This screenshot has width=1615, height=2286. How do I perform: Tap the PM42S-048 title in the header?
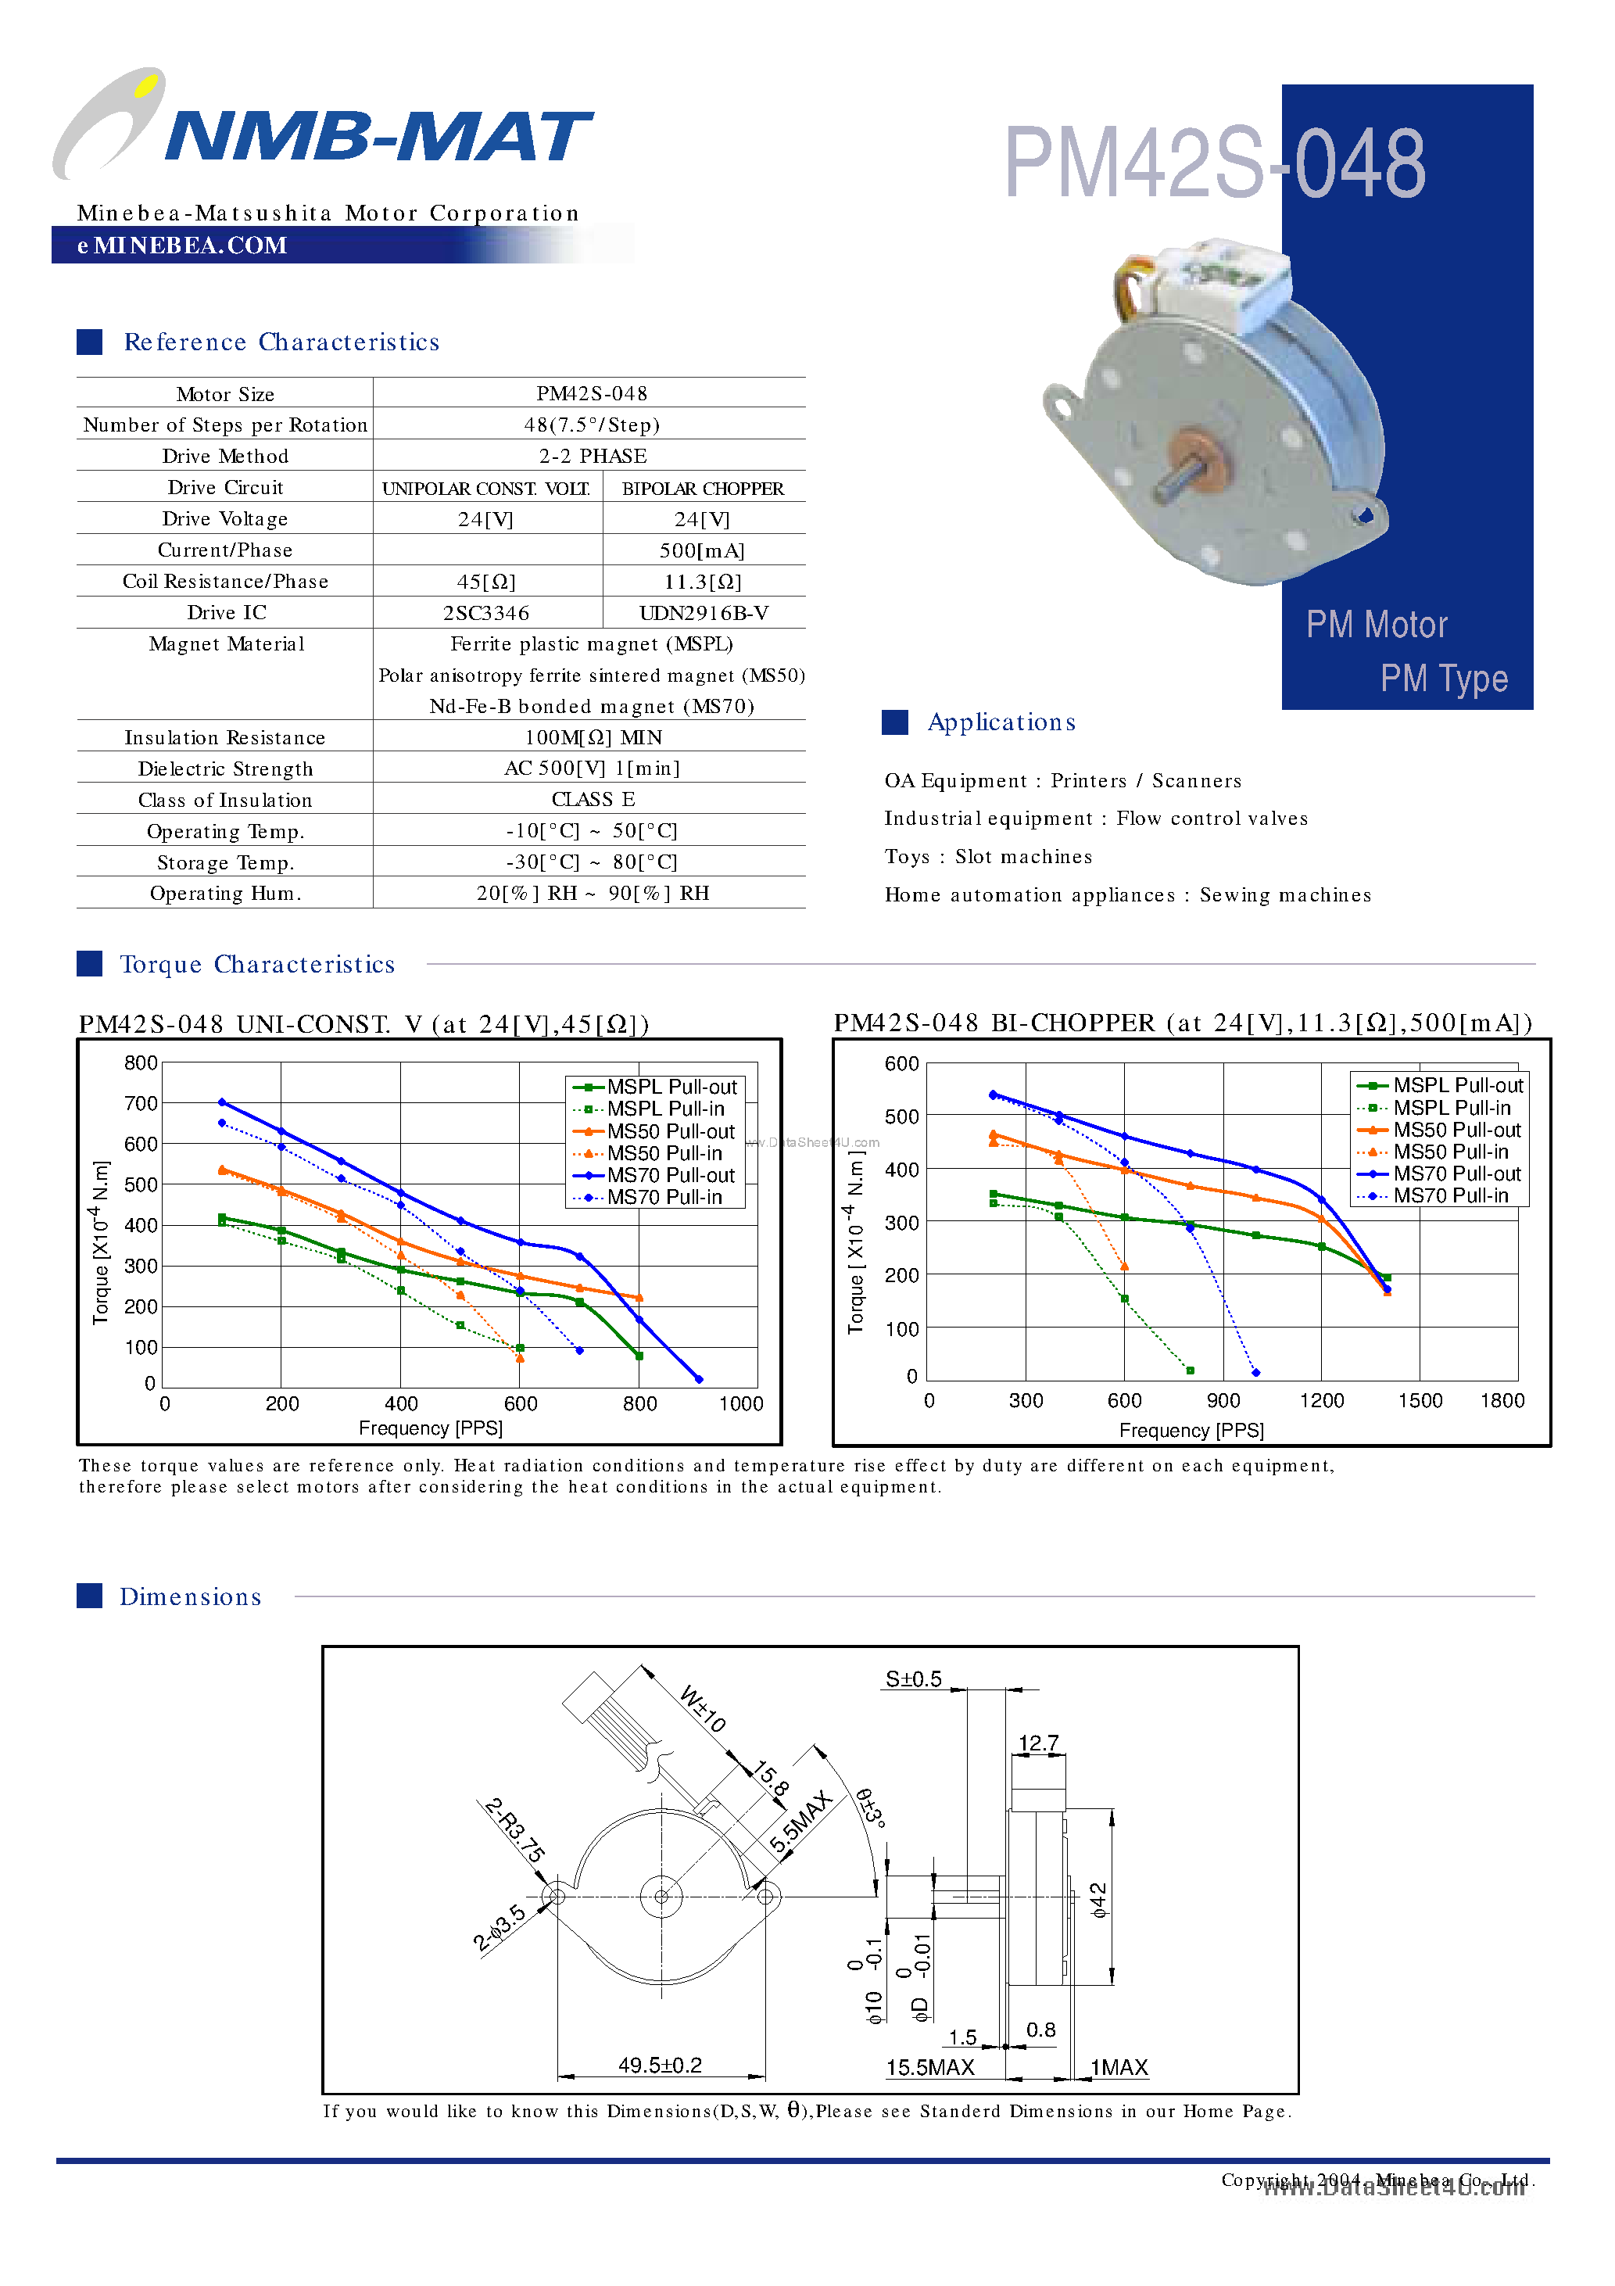tap(1215, 163)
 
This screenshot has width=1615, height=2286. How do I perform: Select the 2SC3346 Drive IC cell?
tap(486, 613)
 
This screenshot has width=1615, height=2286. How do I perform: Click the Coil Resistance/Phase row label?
tap(225, 582)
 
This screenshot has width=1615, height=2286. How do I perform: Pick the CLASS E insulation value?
tap(593, 800)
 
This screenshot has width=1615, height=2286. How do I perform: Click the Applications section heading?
tap(1001, 723)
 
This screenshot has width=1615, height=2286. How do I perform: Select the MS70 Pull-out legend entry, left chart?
tap(669, 1176)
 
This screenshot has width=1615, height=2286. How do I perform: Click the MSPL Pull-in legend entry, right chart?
tap(1450, 1108)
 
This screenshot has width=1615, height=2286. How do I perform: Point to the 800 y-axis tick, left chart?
tap(141, 1063)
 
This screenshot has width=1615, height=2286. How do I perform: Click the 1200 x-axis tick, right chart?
tap(1321, 1401)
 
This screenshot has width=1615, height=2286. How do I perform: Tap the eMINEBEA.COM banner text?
tap(182, 246)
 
